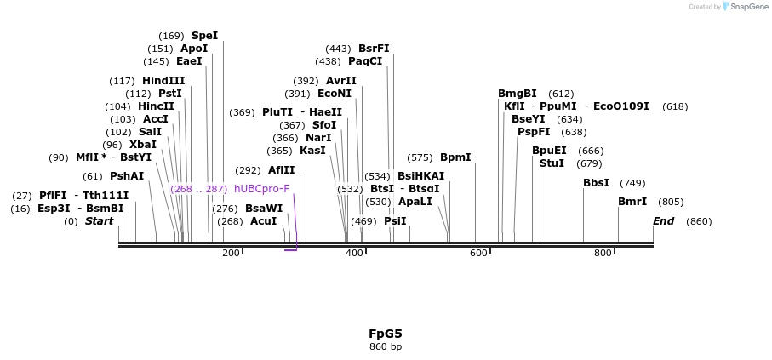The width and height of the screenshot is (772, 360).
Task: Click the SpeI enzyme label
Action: [204, 36]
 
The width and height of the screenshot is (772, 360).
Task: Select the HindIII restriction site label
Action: [163, 81]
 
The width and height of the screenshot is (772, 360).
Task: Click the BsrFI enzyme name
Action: [374, 49]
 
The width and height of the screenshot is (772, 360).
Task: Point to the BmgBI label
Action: [518, 94]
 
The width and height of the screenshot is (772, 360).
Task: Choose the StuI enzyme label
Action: [552, 163]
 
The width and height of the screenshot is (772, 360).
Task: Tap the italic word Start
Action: [99, 221]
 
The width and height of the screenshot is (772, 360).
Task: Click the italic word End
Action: [664, 221]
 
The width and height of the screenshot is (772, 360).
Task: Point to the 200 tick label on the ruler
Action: [231, 254]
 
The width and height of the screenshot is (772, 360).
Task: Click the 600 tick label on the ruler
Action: [479, 254]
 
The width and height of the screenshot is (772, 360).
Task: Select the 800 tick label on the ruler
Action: [603, 254]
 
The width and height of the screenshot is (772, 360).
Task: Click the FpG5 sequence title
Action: [386, 334]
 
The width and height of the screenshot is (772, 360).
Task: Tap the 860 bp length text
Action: [386, 347]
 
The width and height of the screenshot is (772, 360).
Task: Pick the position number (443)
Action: [339, 49]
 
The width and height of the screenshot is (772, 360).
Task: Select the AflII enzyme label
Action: [282, 170]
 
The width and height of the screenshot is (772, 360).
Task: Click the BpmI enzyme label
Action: [455, 157]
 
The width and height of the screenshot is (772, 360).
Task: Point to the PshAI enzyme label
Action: [127, 176]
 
